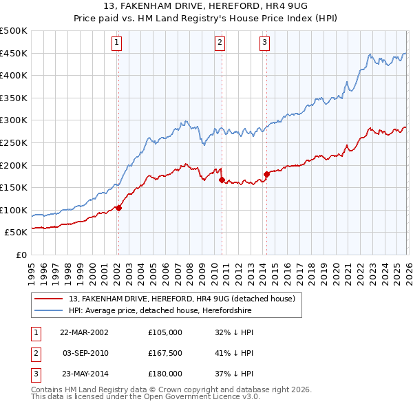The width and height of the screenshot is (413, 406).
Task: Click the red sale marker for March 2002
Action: pyautogui.click(x=118, y=208)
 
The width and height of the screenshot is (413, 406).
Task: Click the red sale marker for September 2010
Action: pyautogui.click(x=222, y=180)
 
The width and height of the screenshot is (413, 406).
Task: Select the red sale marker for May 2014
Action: pyautogui.click(x=266, y=174)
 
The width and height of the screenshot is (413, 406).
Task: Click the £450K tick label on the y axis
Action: pyautogui.click(x=14, y=53)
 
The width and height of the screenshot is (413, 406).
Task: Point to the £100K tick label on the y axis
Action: pyautogui.click(x=14, y=210)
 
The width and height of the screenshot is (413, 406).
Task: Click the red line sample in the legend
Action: pyautogui.click(x=50, y=299)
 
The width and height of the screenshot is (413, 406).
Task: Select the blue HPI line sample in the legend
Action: pyautogui.click(x=50, y=310)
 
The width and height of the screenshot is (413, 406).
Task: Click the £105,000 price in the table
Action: pyautogui.click(x=165, y=332)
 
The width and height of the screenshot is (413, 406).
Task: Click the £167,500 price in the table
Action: pyautogui.click(x=165, y=353)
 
